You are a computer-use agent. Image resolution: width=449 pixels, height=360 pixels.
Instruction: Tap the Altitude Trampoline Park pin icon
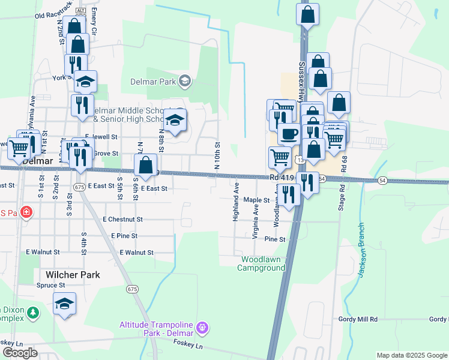(203, 328)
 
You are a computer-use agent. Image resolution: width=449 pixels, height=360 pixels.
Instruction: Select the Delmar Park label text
(153, 82)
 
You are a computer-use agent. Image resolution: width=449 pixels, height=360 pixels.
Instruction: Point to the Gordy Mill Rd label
(358, 320)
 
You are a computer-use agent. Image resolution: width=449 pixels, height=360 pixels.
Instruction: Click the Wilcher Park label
(72, 275)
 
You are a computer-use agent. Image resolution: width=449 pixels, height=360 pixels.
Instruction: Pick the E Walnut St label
(136, 253)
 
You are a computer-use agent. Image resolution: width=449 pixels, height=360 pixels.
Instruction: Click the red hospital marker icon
(25, 212)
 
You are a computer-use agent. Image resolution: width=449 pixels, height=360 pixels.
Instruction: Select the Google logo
(20, 353)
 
